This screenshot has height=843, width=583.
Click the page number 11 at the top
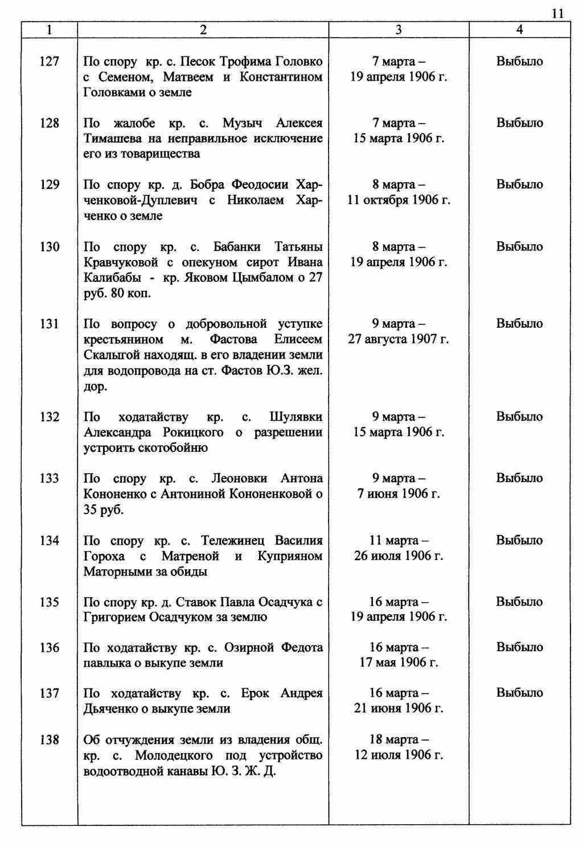point(557,14)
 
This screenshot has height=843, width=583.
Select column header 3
point(399,30)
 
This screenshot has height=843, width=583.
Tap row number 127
point(50,61)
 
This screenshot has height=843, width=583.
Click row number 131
point(50,324)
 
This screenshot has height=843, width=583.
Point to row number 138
point(50,740)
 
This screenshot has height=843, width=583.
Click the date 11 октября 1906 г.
point(399,200)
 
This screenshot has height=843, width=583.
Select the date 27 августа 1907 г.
point(399,339)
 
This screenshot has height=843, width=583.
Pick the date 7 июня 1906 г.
point(399,494)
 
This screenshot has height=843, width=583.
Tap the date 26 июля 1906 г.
point(399,556)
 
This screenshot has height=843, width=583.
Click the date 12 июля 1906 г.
point(399,755)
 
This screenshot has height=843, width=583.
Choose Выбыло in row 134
point(519,540)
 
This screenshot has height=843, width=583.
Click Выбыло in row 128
point(519,123)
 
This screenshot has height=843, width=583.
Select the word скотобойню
point(173,448)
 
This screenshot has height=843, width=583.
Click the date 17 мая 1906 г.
point(399,663)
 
